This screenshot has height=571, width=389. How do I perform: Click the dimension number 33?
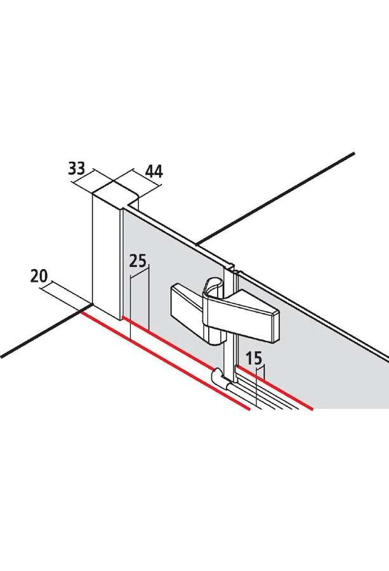click(77, 168)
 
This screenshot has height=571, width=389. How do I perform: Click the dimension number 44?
click(154, 171)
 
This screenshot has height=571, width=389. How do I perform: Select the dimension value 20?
click(39, 277)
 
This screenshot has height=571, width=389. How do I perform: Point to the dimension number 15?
click(253, 358)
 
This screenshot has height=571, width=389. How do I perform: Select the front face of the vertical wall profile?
click(105, 259)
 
